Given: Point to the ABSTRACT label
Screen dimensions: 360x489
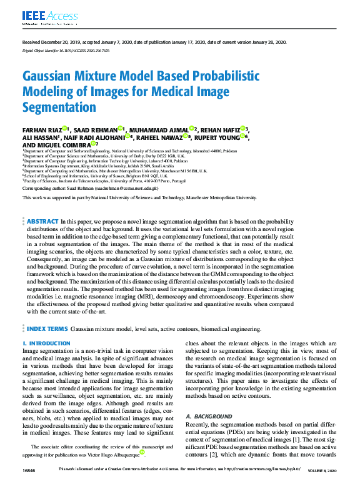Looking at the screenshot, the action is coord(43,221).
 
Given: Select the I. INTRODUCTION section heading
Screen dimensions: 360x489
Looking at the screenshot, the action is coord(46,344).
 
